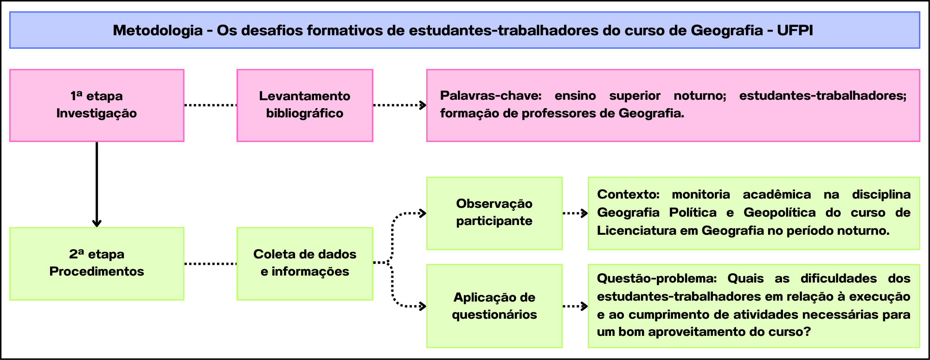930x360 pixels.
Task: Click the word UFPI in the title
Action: coord(795,31)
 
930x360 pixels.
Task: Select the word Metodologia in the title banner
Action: coord(158,31)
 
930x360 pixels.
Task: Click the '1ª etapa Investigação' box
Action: coord(97,105)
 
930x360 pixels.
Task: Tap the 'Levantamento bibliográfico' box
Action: coord(305,105)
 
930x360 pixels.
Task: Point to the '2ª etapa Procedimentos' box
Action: coord(97,264)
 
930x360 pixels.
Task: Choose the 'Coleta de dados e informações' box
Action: coord(305,264)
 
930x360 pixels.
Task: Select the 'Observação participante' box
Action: coord(494,213)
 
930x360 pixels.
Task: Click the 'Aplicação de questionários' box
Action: coord(494,306)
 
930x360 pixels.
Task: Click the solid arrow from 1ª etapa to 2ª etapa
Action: coord(97,184)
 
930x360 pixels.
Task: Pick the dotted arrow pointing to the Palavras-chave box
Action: coord(400,105)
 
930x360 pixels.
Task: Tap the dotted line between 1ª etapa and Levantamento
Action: coord(211,105)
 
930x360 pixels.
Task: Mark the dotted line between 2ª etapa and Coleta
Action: coord(211,264)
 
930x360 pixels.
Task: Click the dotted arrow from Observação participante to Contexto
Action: coord(576,213)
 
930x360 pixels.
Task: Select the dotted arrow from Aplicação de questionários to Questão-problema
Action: coord(576,306)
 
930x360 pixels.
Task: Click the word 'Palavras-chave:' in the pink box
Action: coord(491,96)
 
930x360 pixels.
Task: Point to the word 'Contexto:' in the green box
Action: coord(628,194)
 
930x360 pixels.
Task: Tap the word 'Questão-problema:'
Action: coord(657,278)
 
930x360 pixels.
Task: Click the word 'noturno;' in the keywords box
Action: coord(700,96)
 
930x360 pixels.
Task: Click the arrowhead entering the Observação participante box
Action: coord(423,213)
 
